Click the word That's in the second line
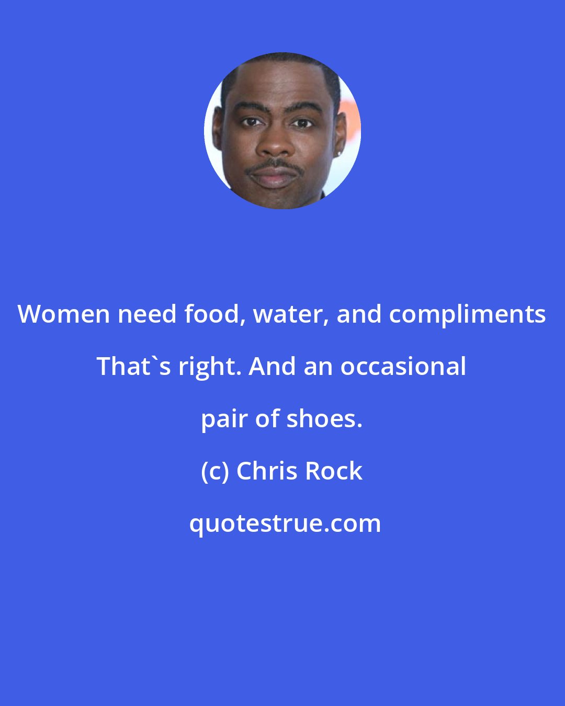(x=133, y=366)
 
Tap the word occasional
(x=403, y=366)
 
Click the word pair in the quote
(x=224, y=421)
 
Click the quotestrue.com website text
(x=285, y=524)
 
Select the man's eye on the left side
(x=252, y=122)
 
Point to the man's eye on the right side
(x=302, y=123)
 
